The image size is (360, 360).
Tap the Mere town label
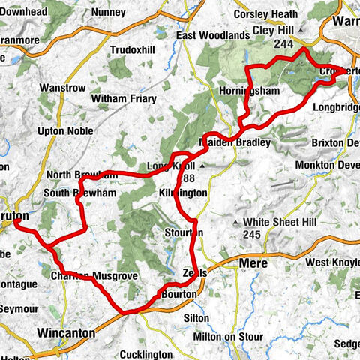coord(252,263)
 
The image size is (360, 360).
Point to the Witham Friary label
coord(123,98)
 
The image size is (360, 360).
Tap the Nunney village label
coord(108,13)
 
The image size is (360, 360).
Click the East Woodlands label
coord(212,35)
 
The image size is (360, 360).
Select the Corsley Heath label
coord(266,13)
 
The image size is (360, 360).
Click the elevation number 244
coord(283,45)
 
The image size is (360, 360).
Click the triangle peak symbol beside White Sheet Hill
coord(237,223)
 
